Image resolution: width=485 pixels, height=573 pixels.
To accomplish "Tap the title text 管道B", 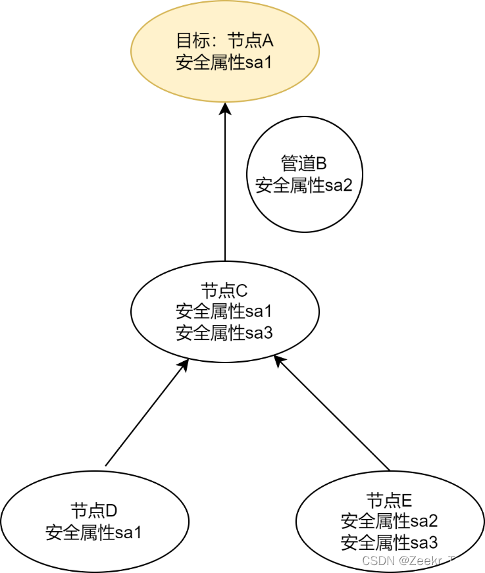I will tap(304, 163).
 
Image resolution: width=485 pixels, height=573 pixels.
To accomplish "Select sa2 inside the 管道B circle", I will tap(339, 185).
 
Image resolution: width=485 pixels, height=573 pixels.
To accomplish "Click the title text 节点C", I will tap(224, 289).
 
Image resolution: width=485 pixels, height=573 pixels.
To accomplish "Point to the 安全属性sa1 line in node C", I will tap(224, 311).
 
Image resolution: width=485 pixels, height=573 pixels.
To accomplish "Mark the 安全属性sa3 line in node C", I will tap(224, 332).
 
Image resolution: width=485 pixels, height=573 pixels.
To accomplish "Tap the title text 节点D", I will tap(93, 511).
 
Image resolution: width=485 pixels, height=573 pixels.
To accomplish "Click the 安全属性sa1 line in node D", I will tap(93, 532).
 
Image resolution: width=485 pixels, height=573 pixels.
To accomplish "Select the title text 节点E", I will tap(389, 500).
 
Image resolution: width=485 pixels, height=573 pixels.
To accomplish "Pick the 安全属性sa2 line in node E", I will tap(389, 521).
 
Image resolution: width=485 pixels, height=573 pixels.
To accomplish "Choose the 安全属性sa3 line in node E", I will tap(389, 543).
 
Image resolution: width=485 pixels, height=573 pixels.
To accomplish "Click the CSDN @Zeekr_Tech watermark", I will tap(418, 561).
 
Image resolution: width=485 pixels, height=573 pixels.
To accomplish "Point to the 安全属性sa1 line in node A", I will tap(224, 63).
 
